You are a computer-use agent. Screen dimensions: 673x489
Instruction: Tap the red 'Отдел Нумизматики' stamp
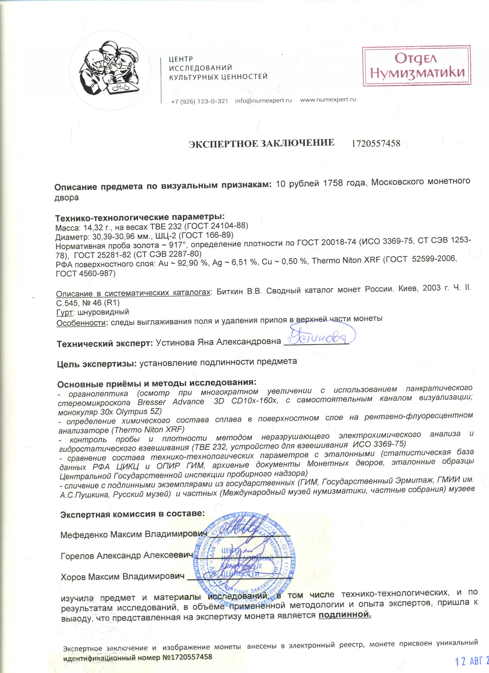click(x=416, y=66)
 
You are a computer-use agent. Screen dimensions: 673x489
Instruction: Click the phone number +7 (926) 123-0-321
click(x=200, y=101)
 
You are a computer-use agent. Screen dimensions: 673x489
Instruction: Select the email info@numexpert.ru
click(x=264, y=100)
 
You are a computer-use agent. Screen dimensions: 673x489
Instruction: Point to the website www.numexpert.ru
click(x=328, y=100)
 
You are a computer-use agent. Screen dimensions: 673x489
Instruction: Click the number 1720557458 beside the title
click(x=376, y=143)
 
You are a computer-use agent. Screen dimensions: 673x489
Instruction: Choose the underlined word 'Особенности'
click(x=81, y=323)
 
